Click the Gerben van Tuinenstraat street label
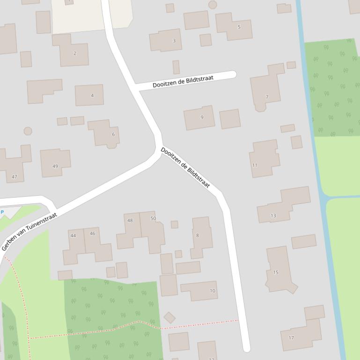[x=29, y=231]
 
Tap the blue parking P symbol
[x=2, y=212]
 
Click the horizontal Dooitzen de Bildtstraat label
[x=183, y=82]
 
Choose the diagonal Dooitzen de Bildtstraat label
[x=185, y=168]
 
